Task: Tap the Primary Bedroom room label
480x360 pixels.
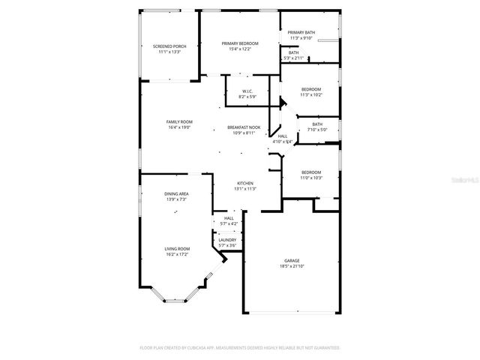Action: point(241,43)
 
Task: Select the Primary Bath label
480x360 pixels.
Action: point(301,32)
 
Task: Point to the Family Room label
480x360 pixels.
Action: point(179,121)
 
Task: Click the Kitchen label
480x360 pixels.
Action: point(245,183)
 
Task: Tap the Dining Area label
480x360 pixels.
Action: point(176,194)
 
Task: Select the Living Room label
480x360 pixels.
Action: point(177,249)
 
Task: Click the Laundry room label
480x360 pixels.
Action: point(226,240)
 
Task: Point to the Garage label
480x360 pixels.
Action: point(292,260)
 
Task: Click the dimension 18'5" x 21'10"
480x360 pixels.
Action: point(292,266)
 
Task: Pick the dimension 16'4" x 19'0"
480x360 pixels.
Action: point(179,127)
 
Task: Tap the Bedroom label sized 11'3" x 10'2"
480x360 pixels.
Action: point(310,89)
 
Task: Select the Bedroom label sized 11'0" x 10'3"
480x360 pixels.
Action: point(310,172)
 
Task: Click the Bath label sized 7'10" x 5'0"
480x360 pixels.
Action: point(317,124)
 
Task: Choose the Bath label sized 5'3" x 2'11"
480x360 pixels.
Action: point(293,52)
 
